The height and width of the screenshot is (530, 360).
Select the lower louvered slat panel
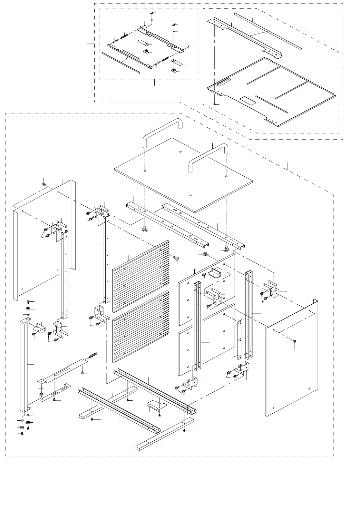141,326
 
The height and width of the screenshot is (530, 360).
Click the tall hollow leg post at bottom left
23,366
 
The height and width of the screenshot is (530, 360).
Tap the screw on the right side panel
294,341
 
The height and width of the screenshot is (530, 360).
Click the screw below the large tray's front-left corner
215,104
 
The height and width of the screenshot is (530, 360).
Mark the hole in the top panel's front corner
191,195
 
